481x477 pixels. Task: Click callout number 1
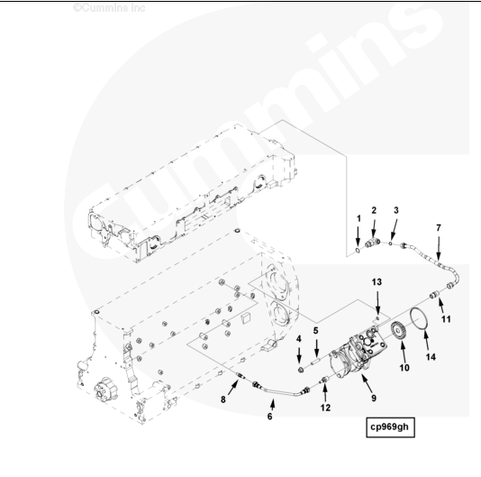point(357,219)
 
